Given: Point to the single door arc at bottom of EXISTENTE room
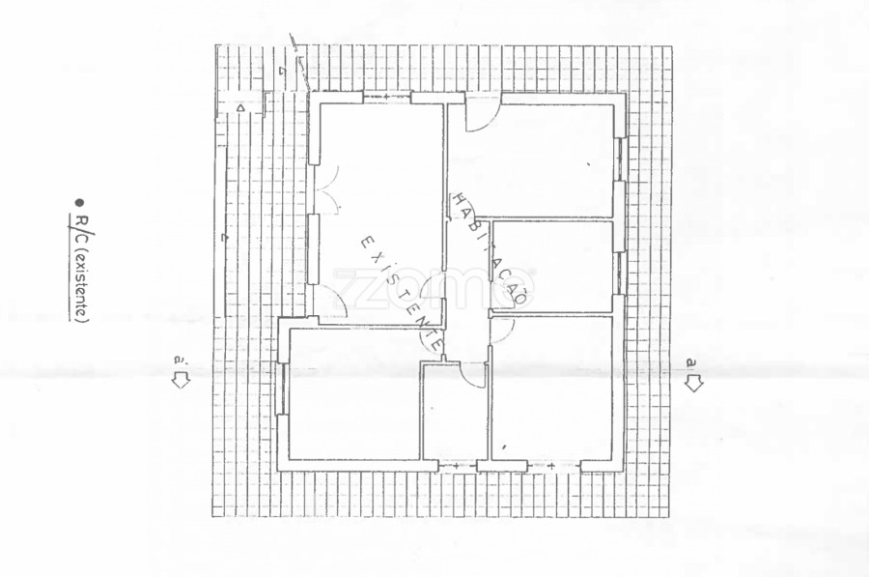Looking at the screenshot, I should (x=334, y=305).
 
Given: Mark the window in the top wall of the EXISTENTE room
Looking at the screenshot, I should (x=387, y=97).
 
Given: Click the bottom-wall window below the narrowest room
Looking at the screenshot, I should (x=455, y=467).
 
